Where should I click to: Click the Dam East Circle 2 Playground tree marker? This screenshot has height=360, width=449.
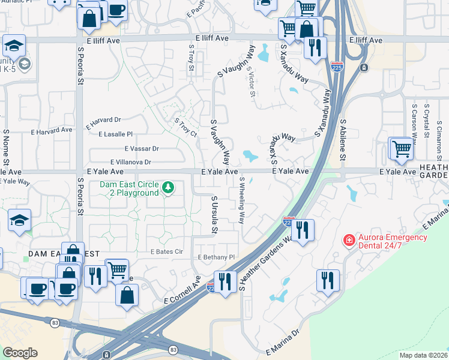coord(169,188)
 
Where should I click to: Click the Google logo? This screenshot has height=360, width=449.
coord(20,352)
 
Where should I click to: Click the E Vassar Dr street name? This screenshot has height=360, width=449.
coord(142,148)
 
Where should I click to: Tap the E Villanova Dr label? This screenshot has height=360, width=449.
coord(131,162)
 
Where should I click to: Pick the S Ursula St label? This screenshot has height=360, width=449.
coord(214,214)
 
